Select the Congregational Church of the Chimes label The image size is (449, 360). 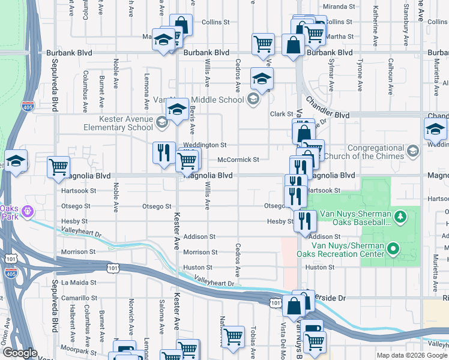[x=367, y=152]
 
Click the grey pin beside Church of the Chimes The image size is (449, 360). [x=412, y=152]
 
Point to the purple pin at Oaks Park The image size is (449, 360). [x=25, y=212]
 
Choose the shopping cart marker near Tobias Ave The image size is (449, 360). [x=232, y=336]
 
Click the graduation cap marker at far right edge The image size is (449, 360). [x=435, y=128]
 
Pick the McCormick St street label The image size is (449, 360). [x=238, y=160]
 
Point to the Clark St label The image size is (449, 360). [x=280, y=114]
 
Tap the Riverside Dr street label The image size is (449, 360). [x=327, y=298]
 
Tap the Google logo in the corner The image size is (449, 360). [x=20, y=353]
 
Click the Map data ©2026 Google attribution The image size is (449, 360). [x=411, y=355]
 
